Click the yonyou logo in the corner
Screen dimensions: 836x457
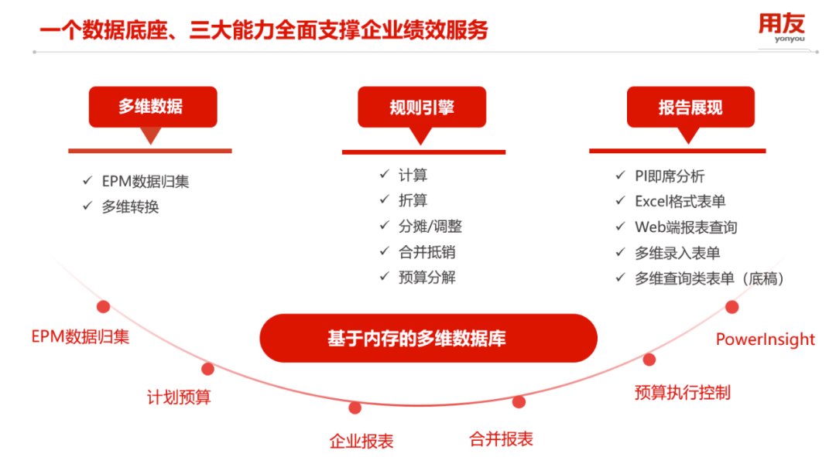tap(782, 28)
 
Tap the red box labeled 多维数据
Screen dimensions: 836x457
tap(153, 107)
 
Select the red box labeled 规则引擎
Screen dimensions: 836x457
tap(422, 107)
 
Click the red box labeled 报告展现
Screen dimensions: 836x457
tap(690, 107)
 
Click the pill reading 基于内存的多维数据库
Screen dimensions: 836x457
tap(428, 338)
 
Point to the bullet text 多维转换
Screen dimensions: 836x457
tap(131, 206)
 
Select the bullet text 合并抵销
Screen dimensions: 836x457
tap(427, 252)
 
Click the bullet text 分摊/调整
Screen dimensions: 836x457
tap(430, 227)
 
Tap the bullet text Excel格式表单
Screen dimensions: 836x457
tap(680, 201)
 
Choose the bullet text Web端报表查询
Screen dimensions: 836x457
tap(686, 227)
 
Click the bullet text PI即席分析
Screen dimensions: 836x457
tap(670, 176)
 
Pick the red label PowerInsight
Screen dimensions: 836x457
tap(765, 339)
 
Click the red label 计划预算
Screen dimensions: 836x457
tap(179, 397)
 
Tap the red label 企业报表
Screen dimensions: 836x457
tap(361, 441)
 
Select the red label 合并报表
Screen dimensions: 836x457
tap(501, 439)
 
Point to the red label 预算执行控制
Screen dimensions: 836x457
tap(683, 393)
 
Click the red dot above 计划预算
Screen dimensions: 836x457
tap(208, 369)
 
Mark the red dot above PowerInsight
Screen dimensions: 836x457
tap(732, 307)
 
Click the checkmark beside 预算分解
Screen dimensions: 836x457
tap(385, 276)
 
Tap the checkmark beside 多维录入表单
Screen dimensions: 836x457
tap(620, 252)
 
